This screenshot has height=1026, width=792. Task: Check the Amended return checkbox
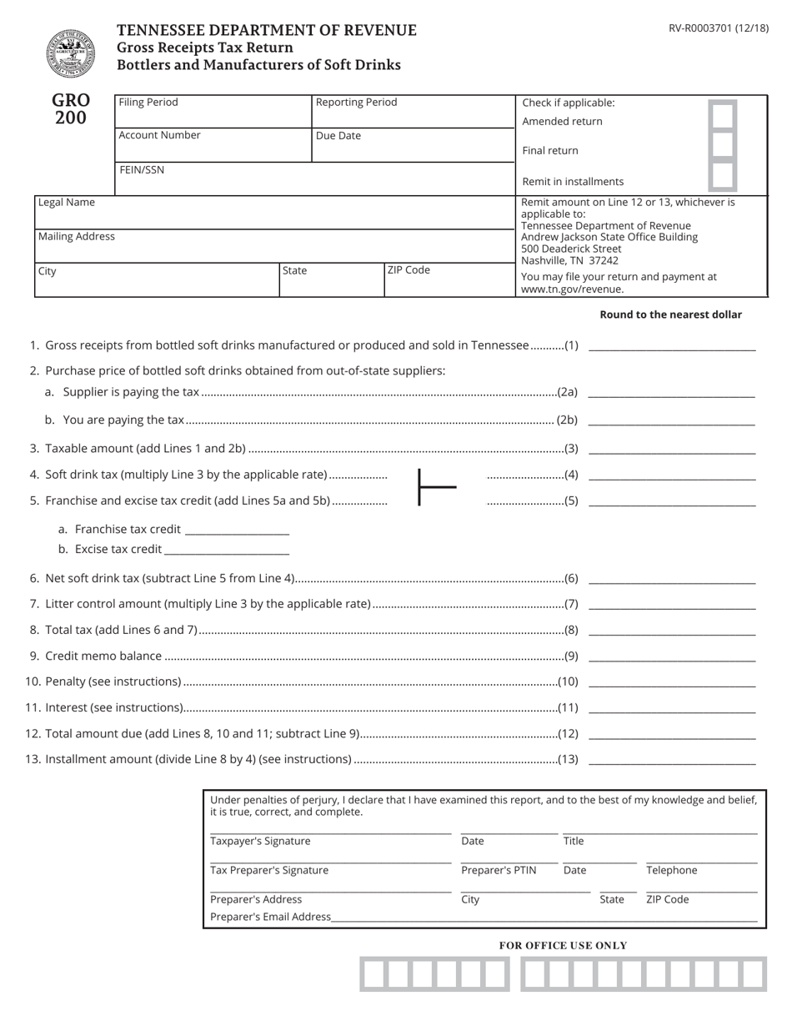722,116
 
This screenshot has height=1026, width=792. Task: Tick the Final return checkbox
722,145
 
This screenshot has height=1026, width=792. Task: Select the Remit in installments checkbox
722,176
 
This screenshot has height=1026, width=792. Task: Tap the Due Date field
414,147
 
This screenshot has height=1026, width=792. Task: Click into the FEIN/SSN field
315,183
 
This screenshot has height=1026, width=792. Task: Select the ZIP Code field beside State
449,284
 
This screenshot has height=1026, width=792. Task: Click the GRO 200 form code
71,109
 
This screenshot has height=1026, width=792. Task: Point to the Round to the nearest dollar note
670,314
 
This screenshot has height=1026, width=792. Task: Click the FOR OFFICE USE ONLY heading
563,945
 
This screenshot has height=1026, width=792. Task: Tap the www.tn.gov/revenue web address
572,289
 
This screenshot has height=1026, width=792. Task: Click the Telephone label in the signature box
671,870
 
